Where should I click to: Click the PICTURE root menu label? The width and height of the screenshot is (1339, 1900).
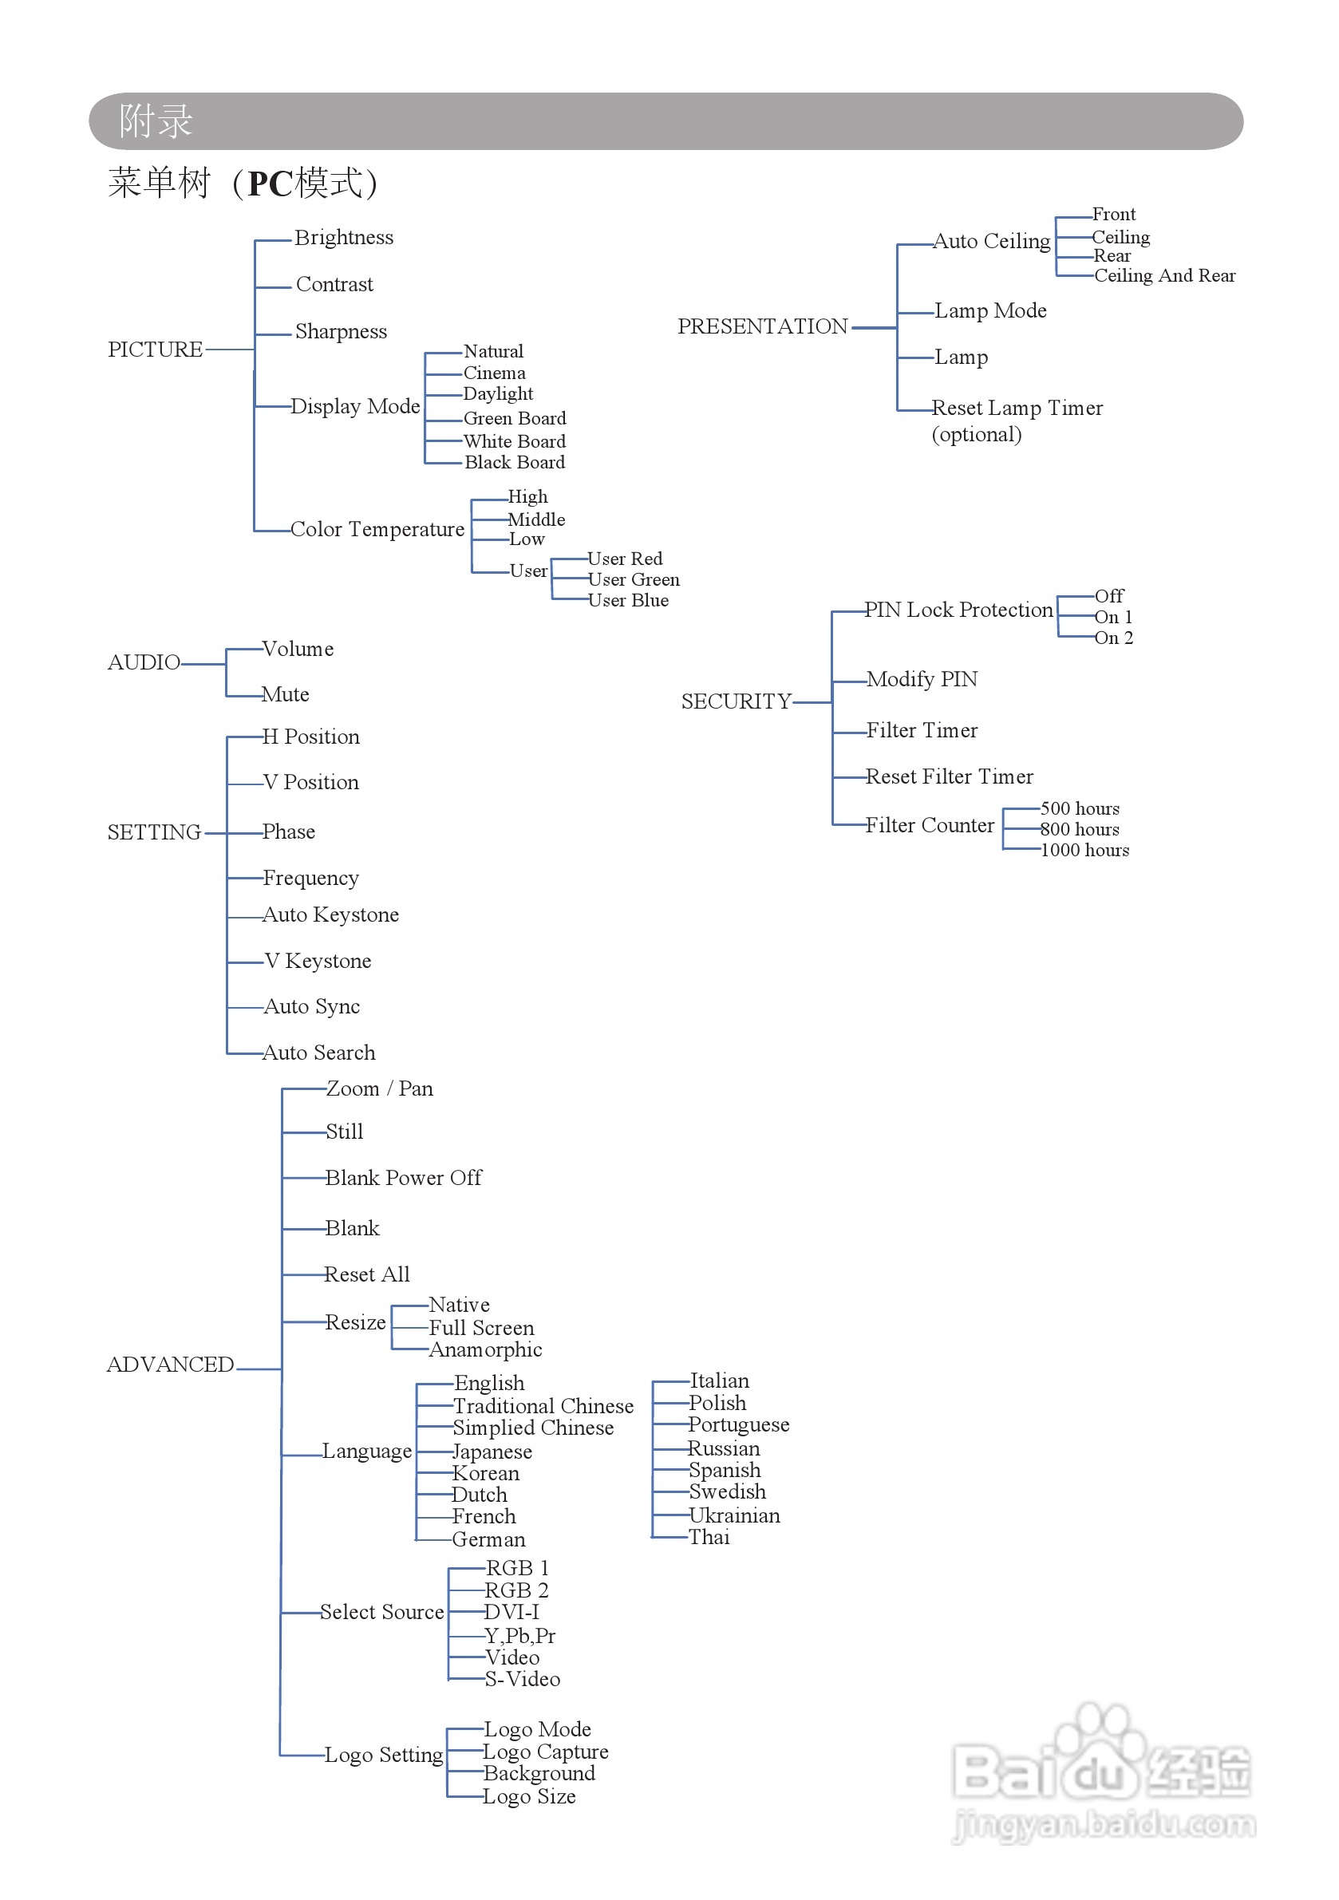coord(155,350)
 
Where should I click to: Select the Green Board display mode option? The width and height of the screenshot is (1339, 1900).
coord(515,418)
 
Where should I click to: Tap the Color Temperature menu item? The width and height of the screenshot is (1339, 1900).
coord(377,529)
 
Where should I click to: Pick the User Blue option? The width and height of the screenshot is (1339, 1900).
coord(628,600)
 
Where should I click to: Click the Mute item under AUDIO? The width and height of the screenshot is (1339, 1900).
coord(286,694)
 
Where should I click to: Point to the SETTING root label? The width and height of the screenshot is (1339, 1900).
coord(154,831)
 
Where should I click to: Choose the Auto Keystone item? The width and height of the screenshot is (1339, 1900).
coord(331,914)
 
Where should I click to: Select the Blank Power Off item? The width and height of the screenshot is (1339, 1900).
coord(403,1178)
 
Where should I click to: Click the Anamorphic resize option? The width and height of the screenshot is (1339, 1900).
coord(486,1349)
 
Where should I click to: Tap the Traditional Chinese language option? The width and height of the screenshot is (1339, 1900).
coord(543,1406)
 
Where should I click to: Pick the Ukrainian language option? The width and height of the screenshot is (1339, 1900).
coord(735,1515)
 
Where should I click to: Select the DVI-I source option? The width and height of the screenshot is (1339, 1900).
coord(512,1612)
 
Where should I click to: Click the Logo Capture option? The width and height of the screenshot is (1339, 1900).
coord(546,1752)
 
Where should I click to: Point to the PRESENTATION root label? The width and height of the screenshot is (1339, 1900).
coord(762,326)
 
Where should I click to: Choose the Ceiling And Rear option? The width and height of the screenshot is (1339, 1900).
coord(1164,275)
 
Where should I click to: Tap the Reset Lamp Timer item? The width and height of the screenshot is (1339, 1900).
coord(1017,408)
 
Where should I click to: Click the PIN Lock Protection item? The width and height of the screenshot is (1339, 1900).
coord(959,610)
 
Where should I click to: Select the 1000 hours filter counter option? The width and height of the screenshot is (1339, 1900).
coord(1085,850)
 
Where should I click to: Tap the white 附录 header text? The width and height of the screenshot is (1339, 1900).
coord(156,120)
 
